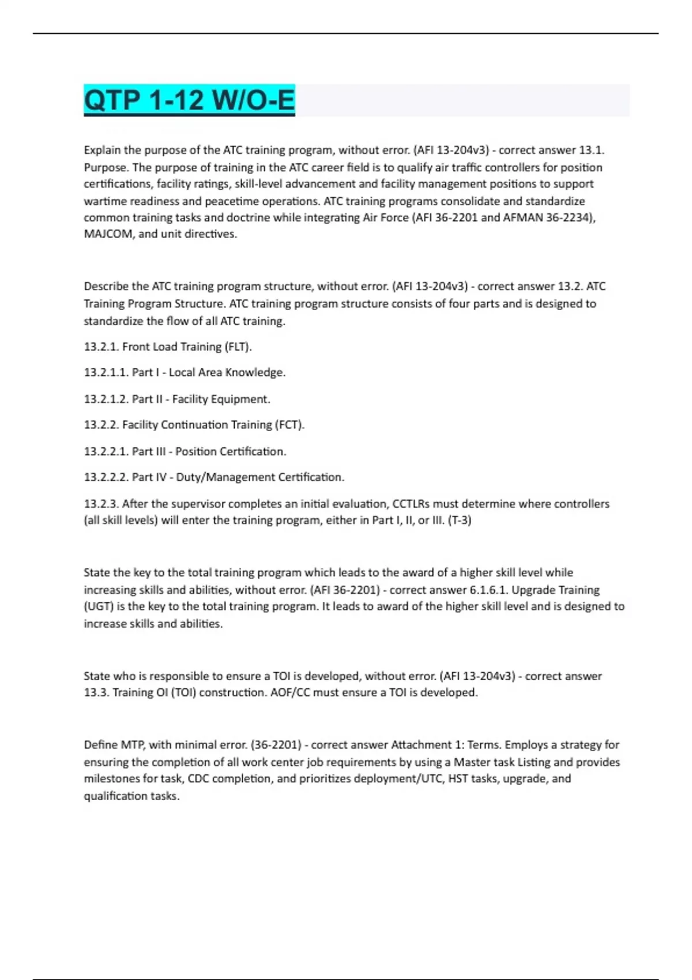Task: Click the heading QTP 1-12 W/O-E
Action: click(x=189, y=100)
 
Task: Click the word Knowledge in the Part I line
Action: click(x=255, y=372)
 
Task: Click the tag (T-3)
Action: click(x=460, y=521)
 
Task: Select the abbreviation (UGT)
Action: click(x=99, y=606)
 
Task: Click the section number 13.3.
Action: click(x=96, y=692)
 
